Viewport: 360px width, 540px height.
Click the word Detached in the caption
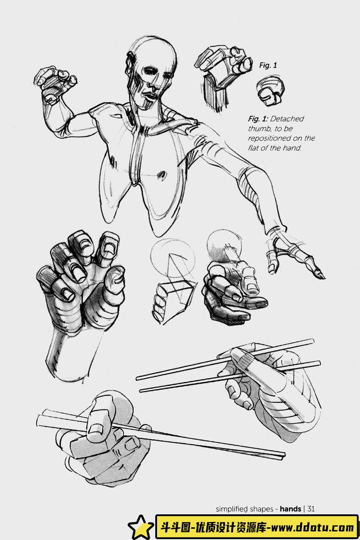pos(287,119)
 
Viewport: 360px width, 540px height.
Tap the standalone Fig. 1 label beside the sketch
pos(268,65)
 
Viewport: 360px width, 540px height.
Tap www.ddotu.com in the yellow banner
pos(313,527)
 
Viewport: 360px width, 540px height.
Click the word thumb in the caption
pos(257,129)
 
